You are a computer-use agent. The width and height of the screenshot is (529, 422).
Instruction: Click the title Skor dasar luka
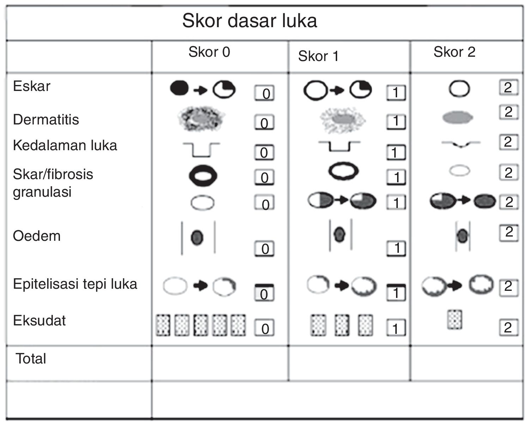(x=249, y=21)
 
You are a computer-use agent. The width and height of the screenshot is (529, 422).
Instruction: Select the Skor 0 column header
(x=209, y=52)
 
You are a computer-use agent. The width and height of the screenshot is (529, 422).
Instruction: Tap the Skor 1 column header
(x=318, y=56)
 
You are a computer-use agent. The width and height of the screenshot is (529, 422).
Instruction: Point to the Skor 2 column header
(x=454, y=52)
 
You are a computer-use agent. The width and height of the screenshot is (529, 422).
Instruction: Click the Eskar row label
(x=32, y=86)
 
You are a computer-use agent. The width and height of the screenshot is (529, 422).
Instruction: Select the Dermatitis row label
(x=46, y=120)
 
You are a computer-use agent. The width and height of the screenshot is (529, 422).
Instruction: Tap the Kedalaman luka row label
(x=65, y=145)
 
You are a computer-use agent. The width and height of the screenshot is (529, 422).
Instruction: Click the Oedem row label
(x=37, y=236)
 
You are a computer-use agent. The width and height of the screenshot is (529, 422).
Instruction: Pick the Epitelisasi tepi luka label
(x=75, y=284)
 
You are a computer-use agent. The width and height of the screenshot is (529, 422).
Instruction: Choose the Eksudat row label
(x=39, y=320)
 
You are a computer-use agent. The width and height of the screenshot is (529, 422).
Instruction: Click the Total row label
(x=31, y=359)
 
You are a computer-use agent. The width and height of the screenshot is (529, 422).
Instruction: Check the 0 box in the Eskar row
(x=264, y=93)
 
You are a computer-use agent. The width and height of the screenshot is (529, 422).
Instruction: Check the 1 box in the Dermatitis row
(x=396, y=121)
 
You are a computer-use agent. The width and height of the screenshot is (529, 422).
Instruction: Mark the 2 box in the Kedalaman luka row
(x=508, y=142)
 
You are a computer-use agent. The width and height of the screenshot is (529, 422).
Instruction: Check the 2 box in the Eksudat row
(x=508, y=328)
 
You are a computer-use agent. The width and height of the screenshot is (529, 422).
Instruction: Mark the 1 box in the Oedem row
(x=396, y=248)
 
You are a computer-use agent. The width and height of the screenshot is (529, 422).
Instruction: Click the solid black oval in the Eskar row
(x=180, y=88)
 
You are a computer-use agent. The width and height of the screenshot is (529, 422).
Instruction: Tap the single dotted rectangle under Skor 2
(x=455, y=319)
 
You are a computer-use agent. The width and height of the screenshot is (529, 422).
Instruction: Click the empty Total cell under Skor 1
(x=349, y=363)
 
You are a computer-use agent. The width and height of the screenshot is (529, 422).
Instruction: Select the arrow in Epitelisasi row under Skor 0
(x=201, y=285)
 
